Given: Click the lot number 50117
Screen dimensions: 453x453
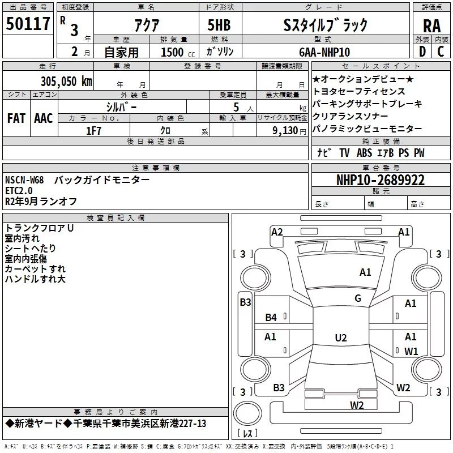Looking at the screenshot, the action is coord(28,24).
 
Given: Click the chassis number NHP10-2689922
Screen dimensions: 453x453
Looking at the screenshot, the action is coord(380,180).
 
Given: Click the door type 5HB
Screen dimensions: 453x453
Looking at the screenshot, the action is coord(220,25).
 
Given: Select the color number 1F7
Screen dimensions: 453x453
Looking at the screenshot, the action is coord(93,130).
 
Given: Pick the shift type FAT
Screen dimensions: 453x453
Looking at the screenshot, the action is coord(16,118).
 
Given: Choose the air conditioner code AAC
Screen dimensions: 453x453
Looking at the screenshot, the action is coord(43,118).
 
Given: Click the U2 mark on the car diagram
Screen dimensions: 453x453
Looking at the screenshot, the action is coord(341,338).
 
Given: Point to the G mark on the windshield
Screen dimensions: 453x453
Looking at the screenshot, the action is coord(358,298).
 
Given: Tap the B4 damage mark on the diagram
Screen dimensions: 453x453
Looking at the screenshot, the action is coord(271,318).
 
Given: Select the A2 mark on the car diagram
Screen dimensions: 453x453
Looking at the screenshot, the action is coord(277,232).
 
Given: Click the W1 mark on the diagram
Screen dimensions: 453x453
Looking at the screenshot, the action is coord(411,351).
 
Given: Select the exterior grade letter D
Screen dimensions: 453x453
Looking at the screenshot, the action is coord(421,52).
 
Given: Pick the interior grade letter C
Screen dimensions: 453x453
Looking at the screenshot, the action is coord(441,52).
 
